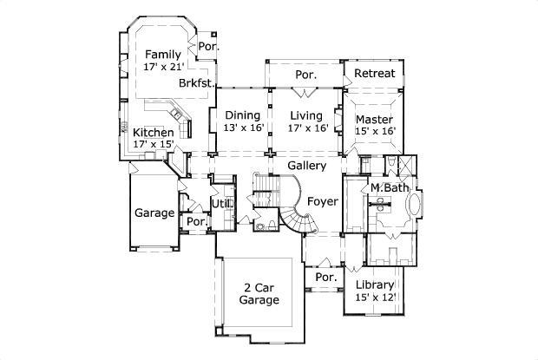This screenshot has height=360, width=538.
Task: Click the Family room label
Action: tap(163, 55)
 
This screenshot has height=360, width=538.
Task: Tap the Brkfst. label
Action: tap(196, 84)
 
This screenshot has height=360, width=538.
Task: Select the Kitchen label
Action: tap(153, 133)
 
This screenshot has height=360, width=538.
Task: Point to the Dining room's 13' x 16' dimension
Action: tap(242, 128)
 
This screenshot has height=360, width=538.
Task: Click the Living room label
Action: tap(305, 115)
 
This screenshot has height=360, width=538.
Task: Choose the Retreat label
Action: tap(374, 74)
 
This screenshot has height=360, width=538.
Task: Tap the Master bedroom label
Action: tap(374, 119)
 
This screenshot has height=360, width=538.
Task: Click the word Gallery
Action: tap(307, 166)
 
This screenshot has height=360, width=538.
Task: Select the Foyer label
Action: tap(322, 202)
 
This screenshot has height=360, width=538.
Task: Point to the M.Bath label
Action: tap(390, 188)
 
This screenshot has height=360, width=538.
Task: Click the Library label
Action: tap(375, 285)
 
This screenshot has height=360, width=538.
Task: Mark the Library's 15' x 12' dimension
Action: tap(375, 298)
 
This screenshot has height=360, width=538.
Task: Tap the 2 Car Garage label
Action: tap(259, 294)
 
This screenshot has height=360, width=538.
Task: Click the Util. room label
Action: tap(221, 205)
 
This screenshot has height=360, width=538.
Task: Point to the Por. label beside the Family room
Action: tap(207, 46)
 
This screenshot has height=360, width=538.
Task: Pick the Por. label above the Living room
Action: tap(305, 75)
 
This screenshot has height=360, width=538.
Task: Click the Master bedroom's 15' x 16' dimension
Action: tap(374, 131)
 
